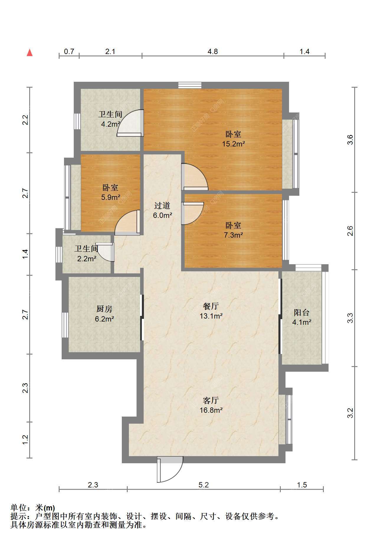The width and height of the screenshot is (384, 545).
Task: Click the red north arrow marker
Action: (29, 53)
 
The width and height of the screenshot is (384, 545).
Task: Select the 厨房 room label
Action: (104, 309)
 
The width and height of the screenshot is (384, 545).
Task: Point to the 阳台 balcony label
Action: (301, 312)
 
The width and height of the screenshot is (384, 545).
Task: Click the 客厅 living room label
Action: (211, 400)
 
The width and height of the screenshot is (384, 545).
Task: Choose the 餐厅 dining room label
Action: (211, 306)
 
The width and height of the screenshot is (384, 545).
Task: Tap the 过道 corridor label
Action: (162, 205)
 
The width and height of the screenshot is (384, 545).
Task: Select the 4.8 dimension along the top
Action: (213, 52)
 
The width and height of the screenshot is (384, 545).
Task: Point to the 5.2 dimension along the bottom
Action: (204, 485)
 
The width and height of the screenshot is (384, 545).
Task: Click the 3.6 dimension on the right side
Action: (350, 139)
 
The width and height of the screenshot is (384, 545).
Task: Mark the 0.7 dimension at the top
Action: (69, 52)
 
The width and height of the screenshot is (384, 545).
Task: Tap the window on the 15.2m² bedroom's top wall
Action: (190, 85)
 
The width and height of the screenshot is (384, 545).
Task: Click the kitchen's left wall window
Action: (65, 325)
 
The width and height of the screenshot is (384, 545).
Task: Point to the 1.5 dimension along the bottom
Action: (302, 485)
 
